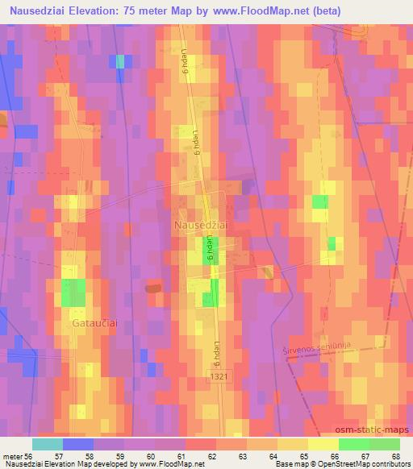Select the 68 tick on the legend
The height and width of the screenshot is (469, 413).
394,456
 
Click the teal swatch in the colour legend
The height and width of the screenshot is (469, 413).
48,444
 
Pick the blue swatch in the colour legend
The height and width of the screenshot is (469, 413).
78,444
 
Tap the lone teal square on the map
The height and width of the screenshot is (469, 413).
120,61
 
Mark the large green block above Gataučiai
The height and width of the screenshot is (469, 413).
73,292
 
